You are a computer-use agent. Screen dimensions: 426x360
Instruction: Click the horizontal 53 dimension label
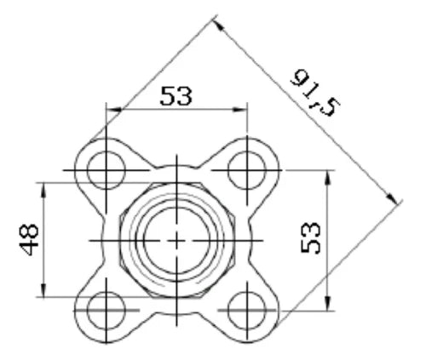coord(176,96)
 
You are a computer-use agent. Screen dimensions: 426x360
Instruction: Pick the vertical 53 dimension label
coord(311,237)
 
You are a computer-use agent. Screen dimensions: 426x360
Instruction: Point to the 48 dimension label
coord(29,240)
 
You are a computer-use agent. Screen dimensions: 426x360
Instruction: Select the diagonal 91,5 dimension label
coord(314,93)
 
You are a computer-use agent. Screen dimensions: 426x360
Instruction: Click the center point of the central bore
coord(176,241)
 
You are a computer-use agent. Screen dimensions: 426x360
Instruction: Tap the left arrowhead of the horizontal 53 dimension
coord(113,110)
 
